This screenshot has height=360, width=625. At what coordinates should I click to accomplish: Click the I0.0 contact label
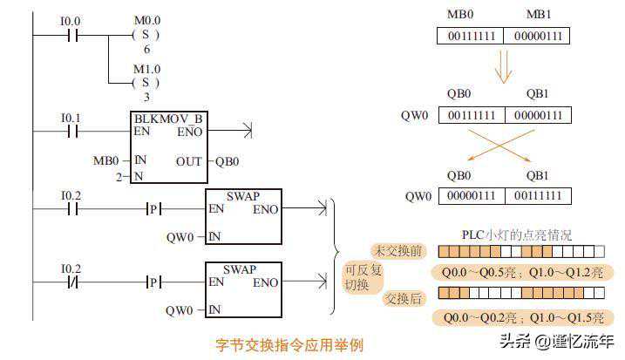click(70, 19)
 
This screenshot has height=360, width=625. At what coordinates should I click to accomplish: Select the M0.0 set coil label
click(146, 19)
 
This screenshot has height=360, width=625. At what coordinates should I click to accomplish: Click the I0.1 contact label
click(70, 118)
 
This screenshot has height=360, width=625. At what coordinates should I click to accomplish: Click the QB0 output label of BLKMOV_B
click(227, 161)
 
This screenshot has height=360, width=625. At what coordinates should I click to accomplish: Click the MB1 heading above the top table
click(538, 16)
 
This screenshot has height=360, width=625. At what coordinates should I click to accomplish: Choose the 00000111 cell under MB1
click(538, 37)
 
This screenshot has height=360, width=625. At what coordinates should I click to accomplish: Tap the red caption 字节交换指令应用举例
click(289, 344)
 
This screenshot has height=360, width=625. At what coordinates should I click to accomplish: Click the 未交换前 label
click(397, 251)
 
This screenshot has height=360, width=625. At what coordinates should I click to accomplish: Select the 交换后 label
click(404, 298)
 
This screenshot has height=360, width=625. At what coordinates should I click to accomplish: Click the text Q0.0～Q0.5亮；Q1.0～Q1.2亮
click(521, 273)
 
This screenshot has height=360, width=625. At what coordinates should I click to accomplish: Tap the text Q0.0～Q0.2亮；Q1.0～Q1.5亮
click(521, 318)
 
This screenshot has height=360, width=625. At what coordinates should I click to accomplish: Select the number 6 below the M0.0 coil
click(146, 50)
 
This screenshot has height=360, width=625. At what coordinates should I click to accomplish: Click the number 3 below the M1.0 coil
click(146, 97)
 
